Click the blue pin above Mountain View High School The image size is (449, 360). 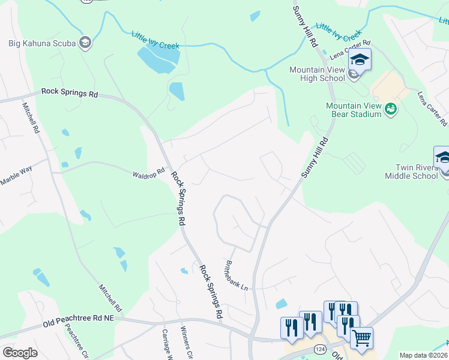[x=360, y=60]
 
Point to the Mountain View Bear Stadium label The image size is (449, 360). [x=354, y=110]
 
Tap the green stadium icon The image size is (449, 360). [x=391, y=109]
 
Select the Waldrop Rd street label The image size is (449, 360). [x=148, y=173]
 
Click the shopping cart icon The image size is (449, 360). [x=361, y=339]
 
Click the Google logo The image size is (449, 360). [x=20, y=353]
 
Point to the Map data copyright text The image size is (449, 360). [x=424, y=355]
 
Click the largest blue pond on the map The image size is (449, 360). [x=158, y=58]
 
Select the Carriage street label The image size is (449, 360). [x=167, y=345]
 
